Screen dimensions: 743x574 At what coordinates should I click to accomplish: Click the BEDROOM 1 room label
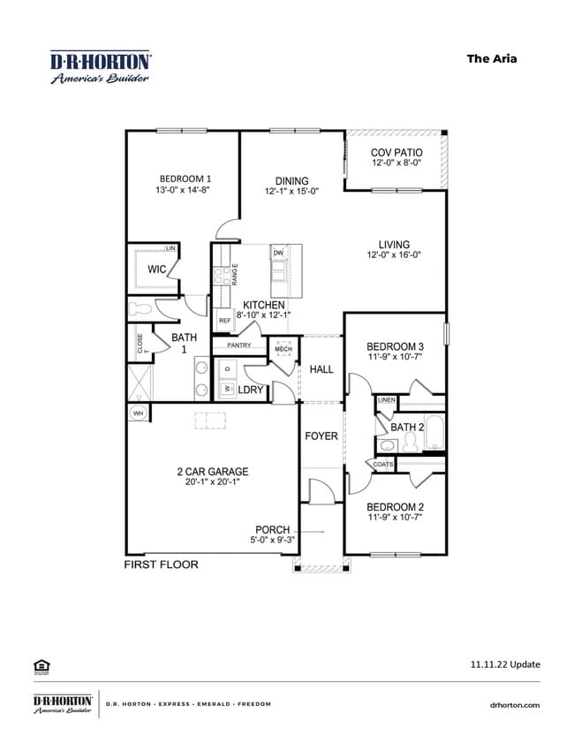coord(185,178)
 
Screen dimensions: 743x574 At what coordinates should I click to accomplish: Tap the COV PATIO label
coord(396,153)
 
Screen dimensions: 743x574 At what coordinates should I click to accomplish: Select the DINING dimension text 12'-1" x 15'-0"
coord(291,191)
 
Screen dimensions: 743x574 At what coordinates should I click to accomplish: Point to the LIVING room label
coord(395,245)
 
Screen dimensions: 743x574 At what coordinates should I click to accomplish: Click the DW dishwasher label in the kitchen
coord(278,254)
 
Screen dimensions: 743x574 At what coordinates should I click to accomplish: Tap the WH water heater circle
coord(139,413)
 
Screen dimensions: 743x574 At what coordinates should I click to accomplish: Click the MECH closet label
coord(283,349)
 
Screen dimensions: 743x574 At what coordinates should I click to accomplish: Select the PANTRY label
coord(239,345)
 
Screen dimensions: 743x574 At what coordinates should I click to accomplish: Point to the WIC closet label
coord(157,269)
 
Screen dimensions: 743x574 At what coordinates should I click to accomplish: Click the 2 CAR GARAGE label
coord(212,471)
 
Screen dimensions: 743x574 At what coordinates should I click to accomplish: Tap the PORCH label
coord(272,530)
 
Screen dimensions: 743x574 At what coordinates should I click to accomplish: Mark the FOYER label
coord(321,436)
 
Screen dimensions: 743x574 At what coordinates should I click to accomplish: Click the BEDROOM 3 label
coord(395,345)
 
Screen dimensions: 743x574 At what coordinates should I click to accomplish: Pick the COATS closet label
coord(383,464)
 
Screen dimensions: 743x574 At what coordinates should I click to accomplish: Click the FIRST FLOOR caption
coord(161,564)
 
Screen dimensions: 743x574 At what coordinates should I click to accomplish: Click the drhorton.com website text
coord(514,704)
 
